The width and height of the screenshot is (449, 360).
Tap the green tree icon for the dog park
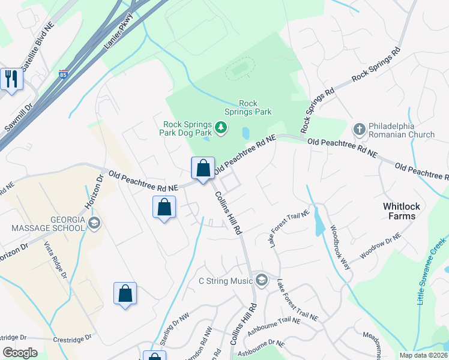(221, 127)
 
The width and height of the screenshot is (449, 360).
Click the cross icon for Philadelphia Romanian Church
(359, 128)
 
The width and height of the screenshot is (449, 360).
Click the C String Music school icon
(261, 280)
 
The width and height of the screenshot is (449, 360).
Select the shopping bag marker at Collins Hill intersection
(203, 169)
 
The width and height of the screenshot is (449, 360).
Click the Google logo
(20, 353)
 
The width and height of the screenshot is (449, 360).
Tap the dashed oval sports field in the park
(240, 71)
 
